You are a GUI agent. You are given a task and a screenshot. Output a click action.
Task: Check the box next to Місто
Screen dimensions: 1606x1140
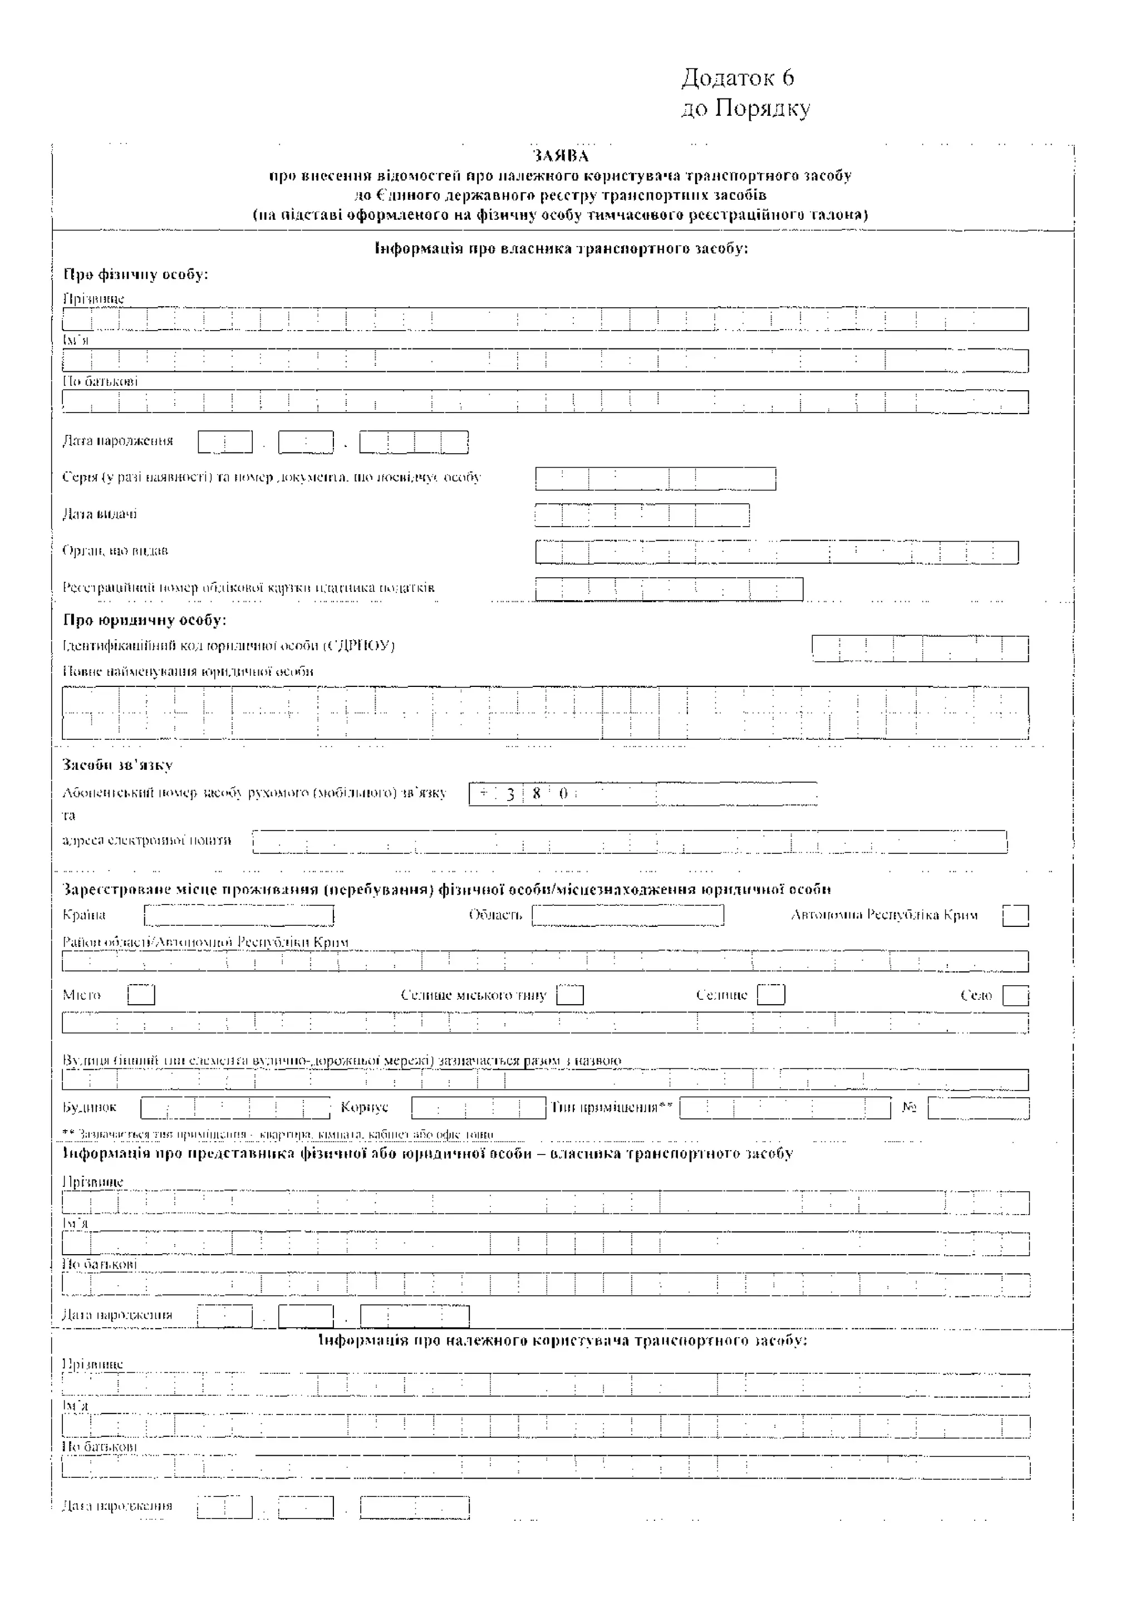pyautogui.click(x=141, y=995)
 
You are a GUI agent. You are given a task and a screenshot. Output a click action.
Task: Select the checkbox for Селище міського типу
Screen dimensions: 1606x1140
pyautogui.click(x=569, y=995)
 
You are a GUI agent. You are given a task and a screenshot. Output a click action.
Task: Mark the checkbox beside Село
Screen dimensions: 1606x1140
pyautogui.click(x=1015, y=995)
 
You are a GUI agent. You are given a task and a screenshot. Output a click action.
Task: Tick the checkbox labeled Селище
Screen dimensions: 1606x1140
pyautogui.click(x=771, y=995)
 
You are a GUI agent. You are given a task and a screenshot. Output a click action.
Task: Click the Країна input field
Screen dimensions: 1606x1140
pyautogui.click(x=239, y=915)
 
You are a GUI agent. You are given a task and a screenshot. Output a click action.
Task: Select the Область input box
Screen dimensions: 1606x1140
pyautogui.click(x=627, y=915)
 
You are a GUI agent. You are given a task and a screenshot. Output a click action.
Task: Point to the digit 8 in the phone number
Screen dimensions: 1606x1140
pyautogui.click(x=536, y=793)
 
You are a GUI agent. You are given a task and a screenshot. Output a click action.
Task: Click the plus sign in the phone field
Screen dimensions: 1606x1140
pyautogui.click(x=483, y=793)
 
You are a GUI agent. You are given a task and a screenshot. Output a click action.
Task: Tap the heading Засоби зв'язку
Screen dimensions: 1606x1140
pyautogui.click(x=117, y=764)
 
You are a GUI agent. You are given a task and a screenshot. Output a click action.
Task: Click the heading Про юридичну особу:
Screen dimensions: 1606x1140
pyautogui.click(x=145, y=620)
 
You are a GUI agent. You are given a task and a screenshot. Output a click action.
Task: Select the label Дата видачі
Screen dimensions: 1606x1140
pyautogui.click(x=100, y=514)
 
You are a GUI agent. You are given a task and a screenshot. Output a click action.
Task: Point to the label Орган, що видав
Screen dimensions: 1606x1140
pyautogui.click(x=115, y=551)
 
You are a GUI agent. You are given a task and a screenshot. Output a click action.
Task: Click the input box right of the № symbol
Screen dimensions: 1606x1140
pyautogui.click(x=979, y=1108)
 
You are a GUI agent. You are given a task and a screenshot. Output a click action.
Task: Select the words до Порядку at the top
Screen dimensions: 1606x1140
pyautogui.click(x=745, y=109)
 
